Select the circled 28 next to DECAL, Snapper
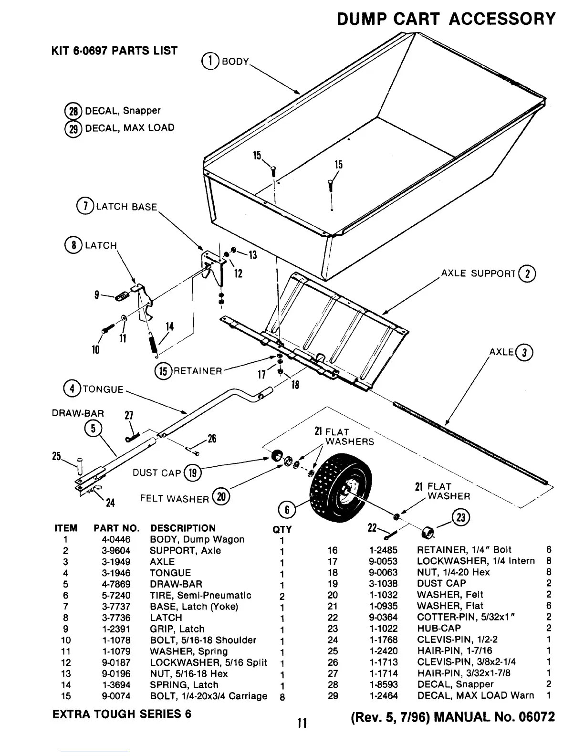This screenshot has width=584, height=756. [x=74, y=111]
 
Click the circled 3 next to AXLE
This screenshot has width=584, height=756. [x=525, y=352]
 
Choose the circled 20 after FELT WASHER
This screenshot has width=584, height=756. [x=221, y=497]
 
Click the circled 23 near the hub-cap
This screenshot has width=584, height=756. [x=462, y=517]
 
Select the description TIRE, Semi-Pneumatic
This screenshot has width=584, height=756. [x=200, y=595]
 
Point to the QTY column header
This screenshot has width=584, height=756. [x=282, y=529]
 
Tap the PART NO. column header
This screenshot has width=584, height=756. [x=116, y=528]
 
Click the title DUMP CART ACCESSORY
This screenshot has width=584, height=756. [x=446, y=19]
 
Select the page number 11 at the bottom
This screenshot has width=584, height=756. [x=301, y=723]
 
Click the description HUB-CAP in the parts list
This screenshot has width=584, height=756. [x=439, y=628]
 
